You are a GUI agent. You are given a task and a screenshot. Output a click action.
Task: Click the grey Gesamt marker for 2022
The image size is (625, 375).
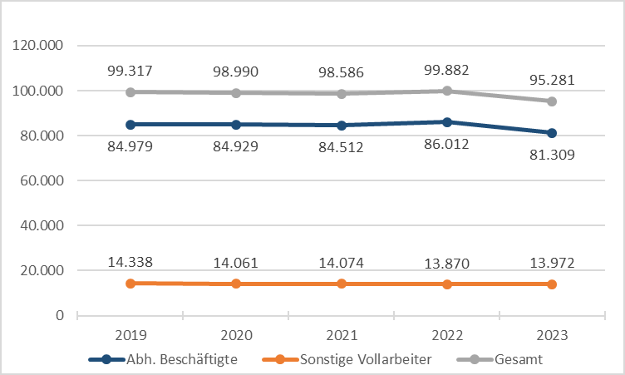446,91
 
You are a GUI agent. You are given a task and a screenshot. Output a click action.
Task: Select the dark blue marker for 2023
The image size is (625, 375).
552,133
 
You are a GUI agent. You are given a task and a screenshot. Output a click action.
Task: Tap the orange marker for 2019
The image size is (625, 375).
130,284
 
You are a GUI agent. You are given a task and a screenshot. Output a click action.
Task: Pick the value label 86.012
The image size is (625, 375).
446,144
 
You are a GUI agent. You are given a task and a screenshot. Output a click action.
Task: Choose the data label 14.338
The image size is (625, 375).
130,263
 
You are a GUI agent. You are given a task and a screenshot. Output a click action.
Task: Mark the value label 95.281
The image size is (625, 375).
552,81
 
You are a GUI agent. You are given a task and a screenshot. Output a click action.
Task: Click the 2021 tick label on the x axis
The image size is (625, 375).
341,335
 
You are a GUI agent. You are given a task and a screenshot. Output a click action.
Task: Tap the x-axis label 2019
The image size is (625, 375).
130,335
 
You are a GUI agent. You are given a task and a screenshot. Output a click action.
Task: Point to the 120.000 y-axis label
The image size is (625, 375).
40,46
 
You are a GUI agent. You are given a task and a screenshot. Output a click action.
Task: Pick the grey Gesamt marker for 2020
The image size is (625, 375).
236,93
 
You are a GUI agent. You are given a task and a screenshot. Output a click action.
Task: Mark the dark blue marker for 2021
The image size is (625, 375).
341,126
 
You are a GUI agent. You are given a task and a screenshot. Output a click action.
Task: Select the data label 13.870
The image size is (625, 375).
446,264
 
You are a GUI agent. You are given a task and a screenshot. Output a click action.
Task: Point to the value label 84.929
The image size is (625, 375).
236,146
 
